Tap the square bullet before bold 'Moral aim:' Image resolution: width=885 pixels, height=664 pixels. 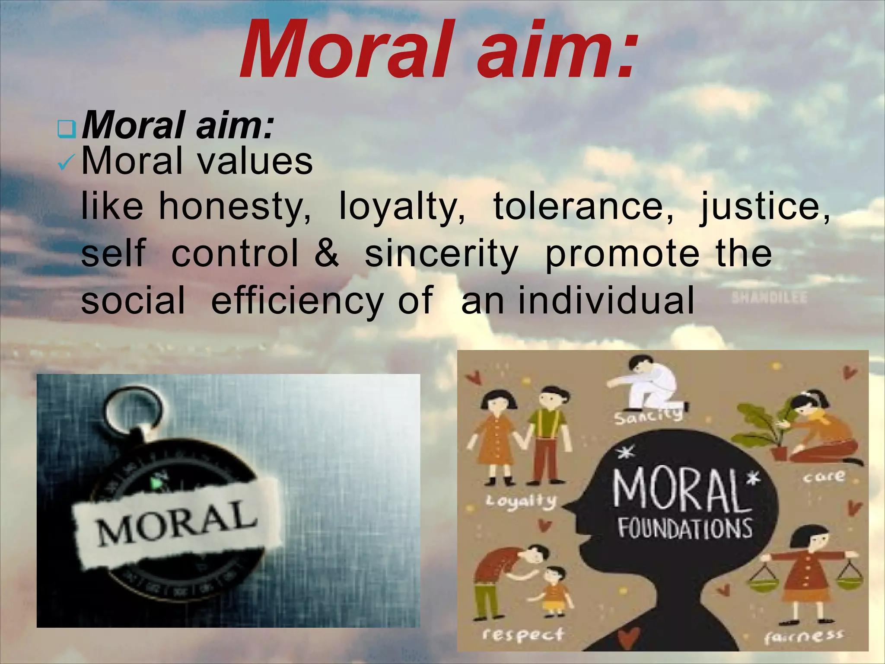click(x=67, y=129)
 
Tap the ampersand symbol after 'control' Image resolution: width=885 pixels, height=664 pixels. click(x=327, y=254)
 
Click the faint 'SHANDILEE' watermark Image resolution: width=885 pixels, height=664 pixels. click(x=769, y=298)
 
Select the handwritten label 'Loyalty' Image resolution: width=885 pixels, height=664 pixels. click(x=521, y=501)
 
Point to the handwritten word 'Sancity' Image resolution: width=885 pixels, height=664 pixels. click(x=648, y=416)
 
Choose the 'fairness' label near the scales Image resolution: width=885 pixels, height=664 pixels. click(x=803, y=636)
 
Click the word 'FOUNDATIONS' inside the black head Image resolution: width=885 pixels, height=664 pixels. click(x=685, y=528)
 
